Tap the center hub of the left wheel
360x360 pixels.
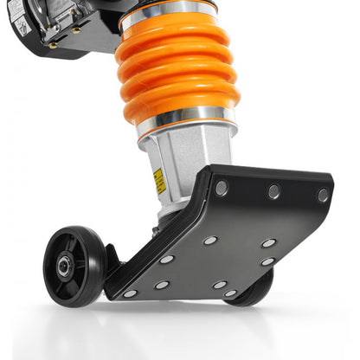point(65,267)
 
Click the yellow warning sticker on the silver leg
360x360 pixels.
point(159,180)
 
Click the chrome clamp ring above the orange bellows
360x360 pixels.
point(170,10)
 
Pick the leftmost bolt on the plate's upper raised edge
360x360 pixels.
point(222,188)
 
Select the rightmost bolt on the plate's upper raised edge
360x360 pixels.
point(322,195)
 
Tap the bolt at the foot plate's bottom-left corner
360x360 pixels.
point(130,293)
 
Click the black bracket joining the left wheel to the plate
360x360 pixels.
point(110,260)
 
